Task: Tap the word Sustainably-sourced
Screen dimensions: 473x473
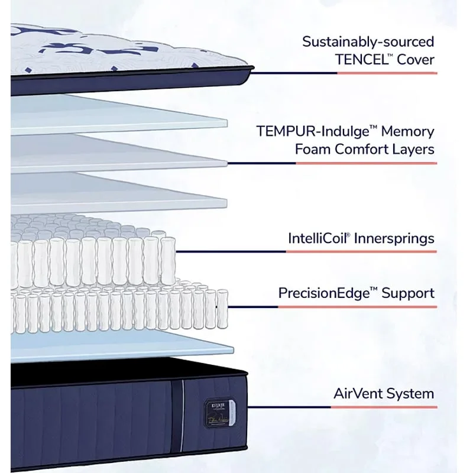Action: pos(368,42)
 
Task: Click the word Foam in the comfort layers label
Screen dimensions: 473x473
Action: pos(313,149)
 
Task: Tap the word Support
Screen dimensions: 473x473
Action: pos(408,293)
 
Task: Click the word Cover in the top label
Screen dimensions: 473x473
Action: pos(415,59)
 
